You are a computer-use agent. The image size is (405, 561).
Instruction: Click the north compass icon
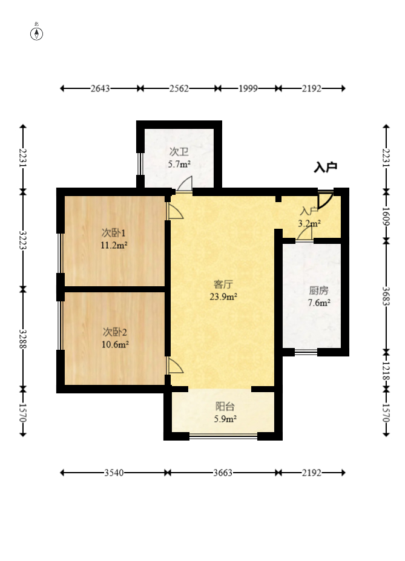[x=37, y=33]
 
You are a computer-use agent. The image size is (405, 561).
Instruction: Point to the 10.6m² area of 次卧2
[x=114, y=345]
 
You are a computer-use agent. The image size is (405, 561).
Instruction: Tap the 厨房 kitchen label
[x=318, y=290]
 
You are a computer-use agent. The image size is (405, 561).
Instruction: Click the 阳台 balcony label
[x=225, y=407]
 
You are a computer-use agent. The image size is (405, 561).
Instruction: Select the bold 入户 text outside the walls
[x=325, y=168]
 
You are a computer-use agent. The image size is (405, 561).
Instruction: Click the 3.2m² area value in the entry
[x=309, y=223]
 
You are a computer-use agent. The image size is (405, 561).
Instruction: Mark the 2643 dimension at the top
[x=100, y=88]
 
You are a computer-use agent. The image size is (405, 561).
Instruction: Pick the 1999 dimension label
[x=248, y=88]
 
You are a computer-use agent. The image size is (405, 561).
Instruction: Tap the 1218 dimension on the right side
[x=386, y=370]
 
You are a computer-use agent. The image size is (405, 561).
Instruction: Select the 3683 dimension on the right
[x=386, y=294]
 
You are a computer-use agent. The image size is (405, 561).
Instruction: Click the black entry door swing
[x=325, y=200]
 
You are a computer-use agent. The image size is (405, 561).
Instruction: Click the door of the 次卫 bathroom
[x=185, y=184]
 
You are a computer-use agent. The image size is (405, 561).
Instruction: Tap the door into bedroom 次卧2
[x=175, y=366]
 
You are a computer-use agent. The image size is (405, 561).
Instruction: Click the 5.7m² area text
[x=179, y=164]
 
